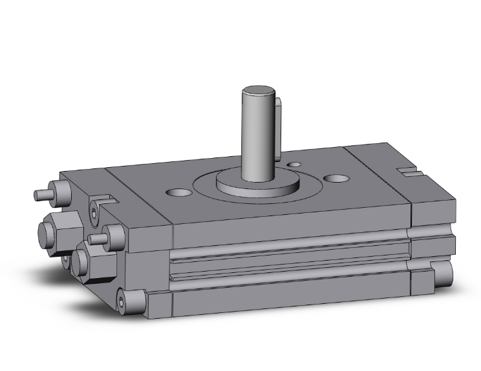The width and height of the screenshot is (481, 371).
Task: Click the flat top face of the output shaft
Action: click(257, 91)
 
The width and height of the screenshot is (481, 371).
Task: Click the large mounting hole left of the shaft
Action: click(180, 192)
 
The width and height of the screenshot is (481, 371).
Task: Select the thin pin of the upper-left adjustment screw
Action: click(42, 194)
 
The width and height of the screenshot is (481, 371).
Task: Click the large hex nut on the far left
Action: click(53, 229)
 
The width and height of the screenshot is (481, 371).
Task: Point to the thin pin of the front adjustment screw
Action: click(96, 239)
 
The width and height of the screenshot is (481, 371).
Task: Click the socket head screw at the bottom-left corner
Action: click(123, 299)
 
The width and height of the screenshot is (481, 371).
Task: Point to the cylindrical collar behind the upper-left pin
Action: click(61, 192)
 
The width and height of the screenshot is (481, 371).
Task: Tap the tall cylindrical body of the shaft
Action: click(257, 135)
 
